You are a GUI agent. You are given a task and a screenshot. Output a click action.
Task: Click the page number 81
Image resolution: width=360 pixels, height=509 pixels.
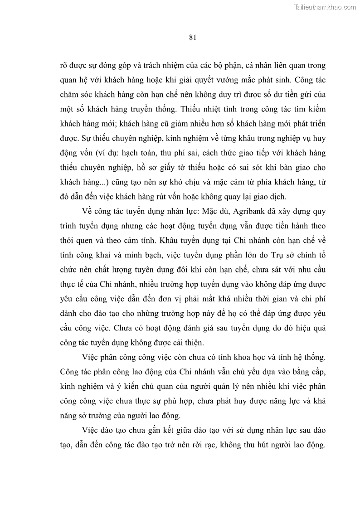(x=192, y=38)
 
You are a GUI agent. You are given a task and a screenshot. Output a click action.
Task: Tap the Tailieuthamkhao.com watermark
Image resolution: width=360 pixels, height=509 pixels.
(x=326, y=7)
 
